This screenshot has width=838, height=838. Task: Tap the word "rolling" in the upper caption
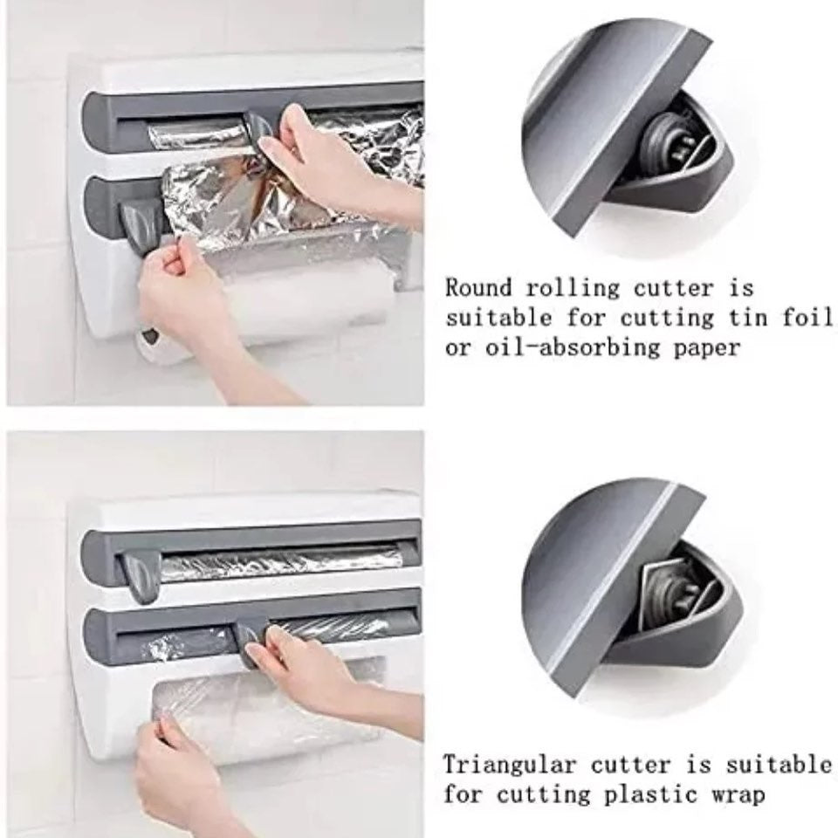tap(573, 289)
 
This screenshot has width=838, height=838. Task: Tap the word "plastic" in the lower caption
tap(651, 794)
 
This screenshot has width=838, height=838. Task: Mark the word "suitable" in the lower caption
tap(779, 765)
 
